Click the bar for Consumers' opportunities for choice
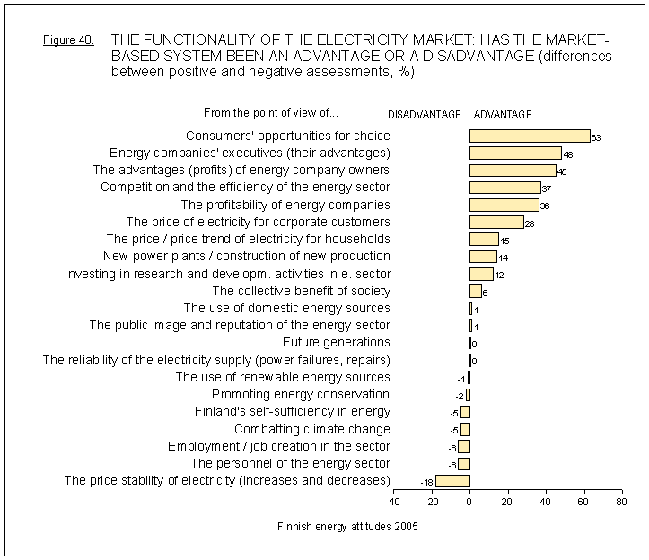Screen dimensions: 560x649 [x=530, y=136]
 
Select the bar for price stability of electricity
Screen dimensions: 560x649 [x=452, y=481]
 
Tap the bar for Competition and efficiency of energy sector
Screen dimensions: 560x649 [x=504, y=188]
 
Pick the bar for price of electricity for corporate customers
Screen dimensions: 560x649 [x=496, y=222]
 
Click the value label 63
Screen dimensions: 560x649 [x=596, y=137]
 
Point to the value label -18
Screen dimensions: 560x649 [x=427, y=483]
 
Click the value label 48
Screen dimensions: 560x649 [x=567, y=154]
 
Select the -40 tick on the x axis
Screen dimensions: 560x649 [x=393, y=503]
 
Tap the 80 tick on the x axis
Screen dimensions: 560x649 [x=620, y=503]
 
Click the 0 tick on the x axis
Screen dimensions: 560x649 [x=469, y=503]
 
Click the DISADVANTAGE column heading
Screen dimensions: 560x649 [x=425, y=115]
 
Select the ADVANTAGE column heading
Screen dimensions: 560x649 [x=503, y=115]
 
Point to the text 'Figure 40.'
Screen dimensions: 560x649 [x=68, y=41]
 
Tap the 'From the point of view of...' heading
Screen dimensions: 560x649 [x=271, y=113]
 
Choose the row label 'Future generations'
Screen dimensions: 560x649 [x=337, y=342]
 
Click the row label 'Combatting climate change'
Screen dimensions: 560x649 [x=312, y=429]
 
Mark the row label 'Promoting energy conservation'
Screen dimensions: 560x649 [x=301, y=394]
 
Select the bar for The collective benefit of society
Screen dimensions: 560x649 [x=475, y=291]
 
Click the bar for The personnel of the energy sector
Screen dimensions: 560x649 [x=464, y=464]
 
